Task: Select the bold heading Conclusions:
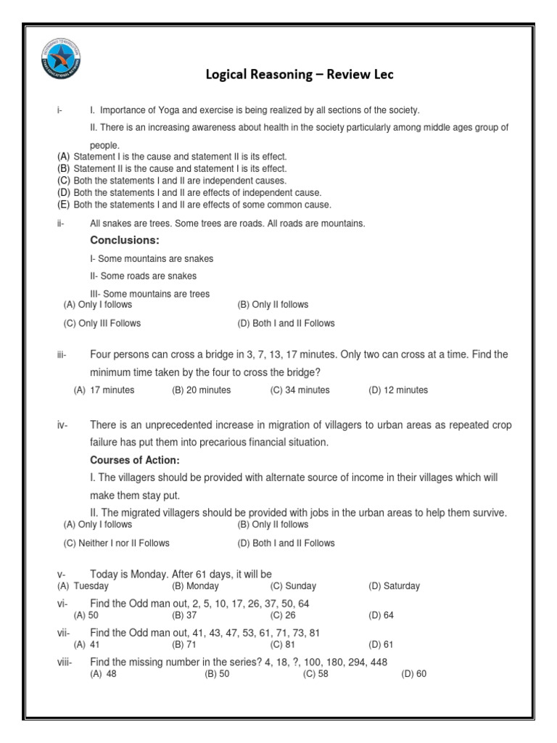point(124,240)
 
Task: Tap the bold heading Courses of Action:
point(135,460)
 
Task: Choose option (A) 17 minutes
point(104,390)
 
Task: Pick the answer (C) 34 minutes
point(300,390)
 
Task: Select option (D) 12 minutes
point(398,390)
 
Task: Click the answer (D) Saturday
point(394,586)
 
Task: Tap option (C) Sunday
point(293,586)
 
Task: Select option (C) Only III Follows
point(102,324)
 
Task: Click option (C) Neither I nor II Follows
point(117,543)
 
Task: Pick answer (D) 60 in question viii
point(414,674)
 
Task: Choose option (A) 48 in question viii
point(103,674)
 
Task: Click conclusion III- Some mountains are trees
point(150,294)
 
